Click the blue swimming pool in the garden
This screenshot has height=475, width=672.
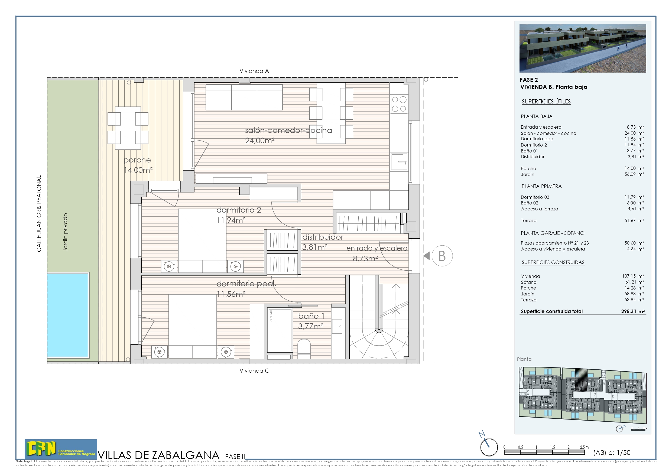68,315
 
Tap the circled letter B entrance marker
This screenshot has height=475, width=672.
442,256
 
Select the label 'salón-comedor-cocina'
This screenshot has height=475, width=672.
288,131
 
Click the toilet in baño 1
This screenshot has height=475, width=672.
304,347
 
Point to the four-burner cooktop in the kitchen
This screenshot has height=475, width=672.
399,104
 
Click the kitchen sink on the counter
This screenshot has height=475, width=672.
399,162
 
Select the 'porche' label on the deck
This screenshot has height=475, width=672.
137,160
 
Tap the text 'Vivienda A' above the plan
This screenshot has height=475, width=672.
254,71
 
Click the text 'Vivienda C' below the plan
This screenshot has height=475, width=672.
254,371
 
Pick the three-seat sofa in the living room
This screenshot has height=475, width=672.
244,97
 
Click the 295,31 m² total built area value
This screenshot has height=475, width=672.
633,311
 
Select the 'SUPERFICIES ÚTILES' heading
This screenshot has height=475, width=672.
546,102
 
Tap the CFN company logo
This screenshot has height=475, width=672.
60,449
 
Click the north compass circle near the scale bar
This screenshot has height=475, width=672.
489,447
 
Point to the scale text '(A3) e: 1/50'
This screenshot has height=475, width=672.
611,453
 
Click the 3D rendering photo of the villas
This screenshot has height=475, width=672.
582,48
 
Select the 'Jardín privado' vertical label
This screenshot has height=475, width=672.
65,232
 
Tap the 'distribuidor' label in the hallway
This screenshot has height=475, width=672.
323,237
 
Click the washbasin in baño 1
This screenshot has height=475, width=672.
337,326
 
